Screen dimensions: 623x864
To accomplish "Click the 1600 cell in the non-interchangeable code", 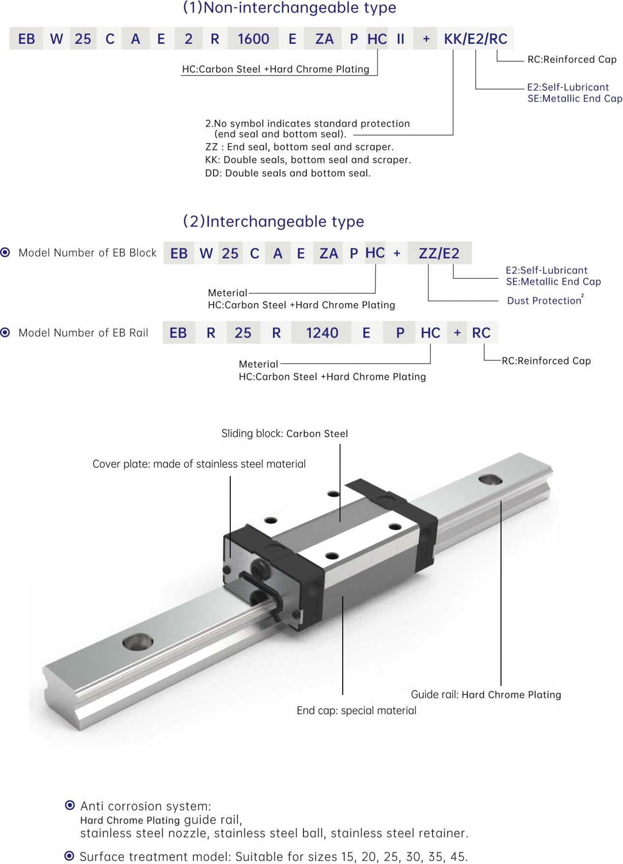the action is coord(253,39).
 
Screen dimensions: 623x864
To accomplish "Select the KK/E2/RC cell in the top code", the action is coord(476,39).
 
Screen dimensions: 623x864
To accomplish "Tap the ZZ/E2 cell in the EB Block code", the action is coord(439,253).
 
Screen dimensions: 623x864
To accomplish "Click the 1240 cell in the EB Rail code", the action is coord(322,333).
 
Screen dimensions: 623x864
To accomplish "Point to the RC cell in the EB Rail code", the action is coord(481,333).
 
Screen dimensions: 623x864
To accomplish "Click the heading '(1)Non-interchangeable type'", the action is coord(289,8).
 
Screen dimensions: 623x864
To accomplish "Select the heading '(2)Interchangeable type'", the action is coord(273,221).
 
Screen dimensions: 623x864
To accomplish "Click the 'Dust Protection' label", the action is coord(545,300).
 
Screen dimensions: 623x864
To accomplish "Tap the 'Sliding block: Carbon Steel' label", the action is coord(285,433).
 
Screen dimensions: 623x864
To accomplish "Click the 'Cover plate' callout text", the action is coord(199,464).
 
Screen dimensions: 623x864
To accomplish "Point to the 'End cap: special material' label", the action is coord(356,710).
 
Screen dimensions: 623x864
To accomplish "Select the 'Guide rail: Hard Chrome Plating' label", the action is coord(486,694).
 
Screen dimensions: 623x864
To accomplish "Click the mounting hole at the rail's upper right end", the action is coord(490,479).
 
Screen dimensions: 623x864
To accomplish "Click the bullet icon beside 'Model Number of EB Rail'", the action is coord(5,333).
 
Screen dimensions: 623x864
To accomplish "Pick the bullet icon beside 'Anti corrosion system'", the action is coord(70,805).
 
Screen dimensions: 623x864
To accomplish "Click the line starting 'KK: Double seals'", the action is coord(308,160).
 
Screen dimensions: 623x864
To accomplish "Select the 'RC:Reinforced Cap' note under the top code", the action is coord(572,59).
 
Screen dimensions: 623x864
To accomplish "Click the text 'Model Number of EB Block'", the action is coord(87,253).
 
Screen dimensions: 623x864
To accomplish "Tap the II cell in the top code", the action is coord(401,39).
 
